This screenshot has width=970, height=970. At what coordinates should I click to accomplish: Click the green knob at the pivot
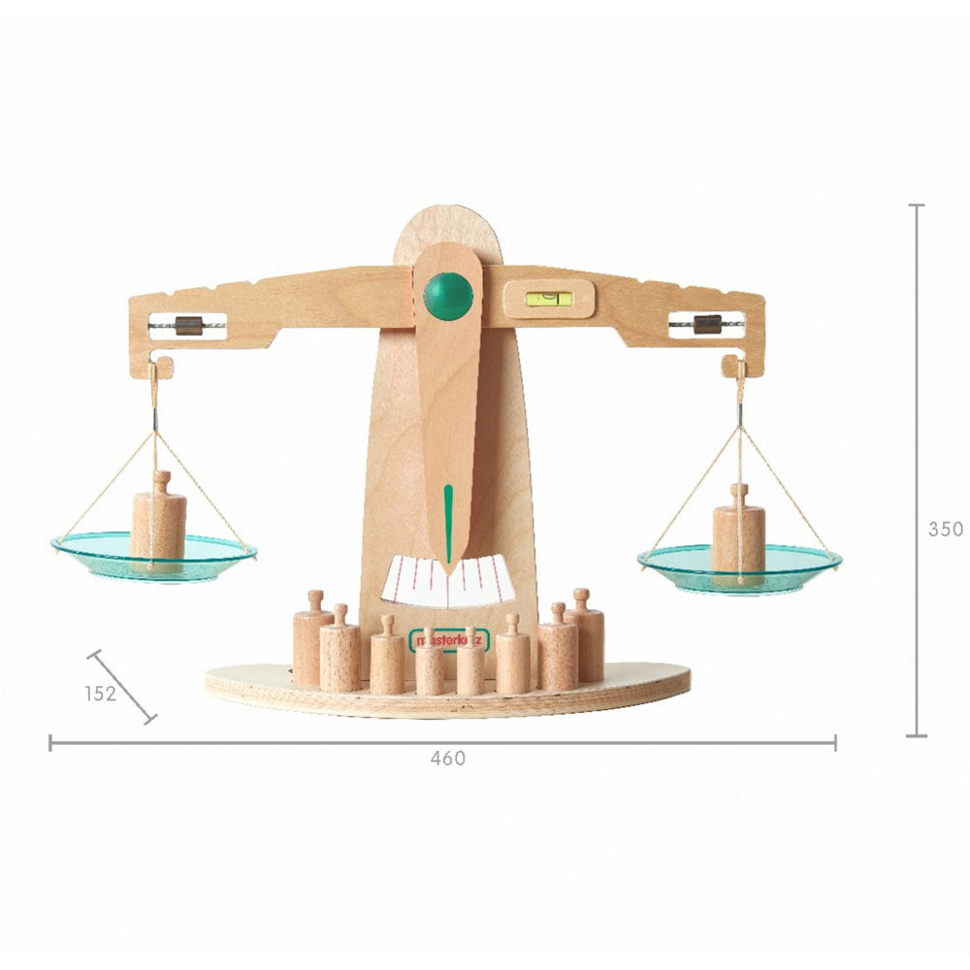click(x=448, y=296)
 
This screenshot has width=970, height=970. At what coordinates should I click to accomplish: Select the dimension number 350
click(x=945, y=530)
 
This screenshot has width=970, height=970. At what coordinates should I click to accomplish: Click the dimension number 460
click(x=447, y=759)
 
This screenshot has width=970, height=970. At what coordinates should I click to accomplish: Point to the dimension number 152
click(x=100, y=694)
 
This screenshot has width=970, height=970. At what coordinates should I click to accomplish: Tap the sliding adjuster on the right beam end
click(x=708, y=324)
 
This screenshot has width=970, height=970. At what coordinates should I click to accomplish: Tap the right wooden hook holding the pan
click(x=733, y=368)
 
